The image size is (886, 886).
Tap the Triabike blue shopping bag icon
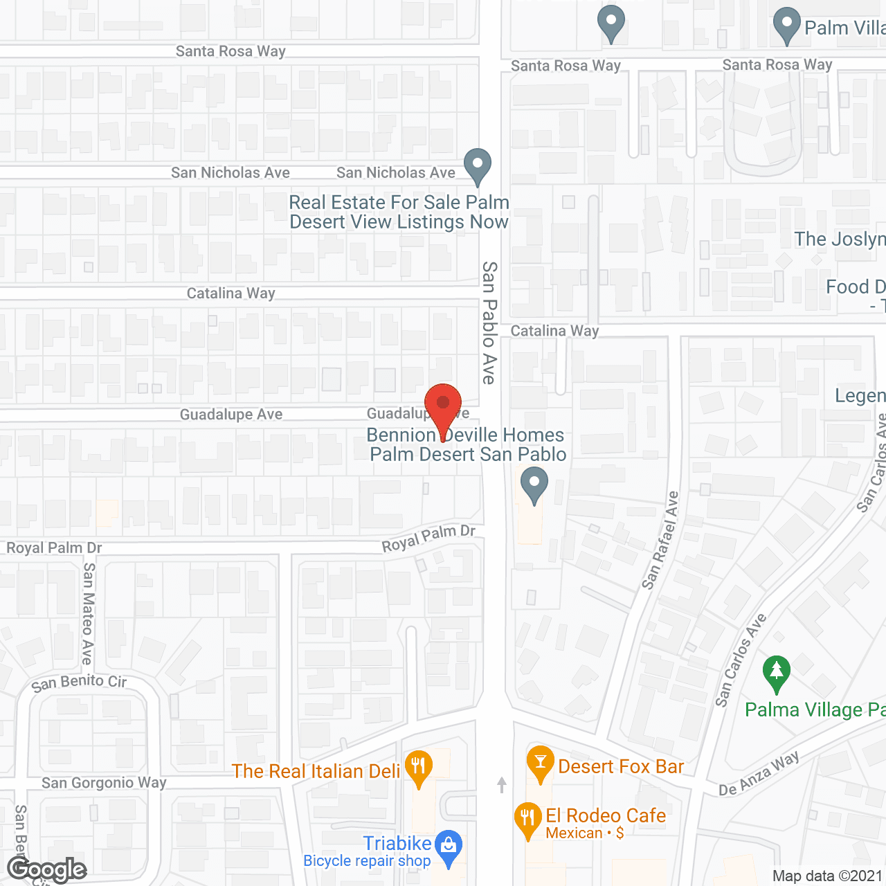tap(449, 846)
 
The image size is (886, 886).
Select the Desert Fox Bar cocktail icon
tap(540, 762)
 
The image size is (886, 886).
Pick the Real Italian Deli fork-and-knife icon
tap(418, 766)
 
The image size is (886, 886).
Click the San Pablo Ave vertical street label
tap(489, 323)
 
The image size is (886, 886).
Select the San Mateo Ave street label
tap(88, 613)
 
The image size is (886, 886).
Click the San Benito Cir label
tap(79, 682)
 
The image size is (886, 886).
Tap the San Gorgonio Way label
tap(104, 783)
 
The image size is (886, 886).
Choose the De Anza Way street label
tap(759, 774)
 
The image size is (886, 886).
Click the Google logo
tap(47, 869)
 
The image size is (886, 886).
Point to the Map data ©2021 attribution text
tap(827, 876)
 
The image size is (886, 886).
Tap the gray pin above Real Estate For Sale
tap(477, 165)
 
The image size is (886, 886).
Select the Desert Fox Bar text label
tap(621, 766)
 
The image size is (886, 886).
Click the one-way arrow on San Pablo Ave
tap(502, 784)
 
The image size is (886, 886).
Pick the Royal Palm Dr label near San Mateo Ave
tap(54, 548)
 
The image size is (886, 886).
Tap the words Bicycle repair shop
tap(367, 860)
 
